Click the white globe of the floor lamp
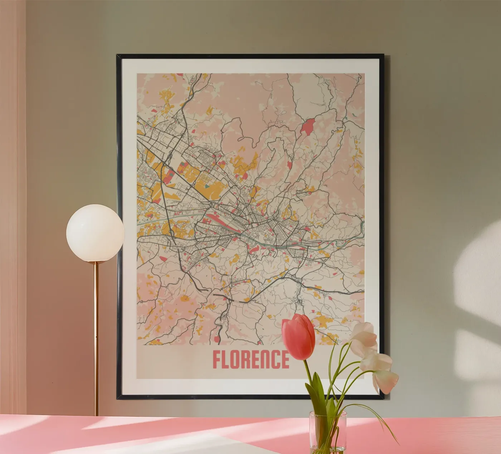click(95, 233)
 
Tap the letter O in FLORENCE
click(238, 359)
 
